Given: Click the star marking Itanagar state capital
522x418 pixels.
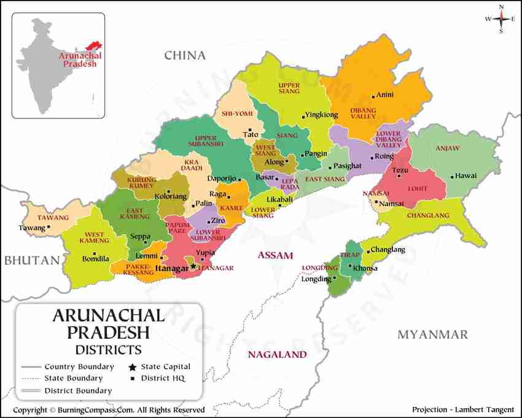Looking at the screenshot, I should point(193,266).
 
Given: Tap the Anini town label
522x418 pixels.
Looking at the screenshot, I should point(385,95).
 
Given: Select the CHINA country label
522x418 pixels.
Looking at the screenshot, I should point(184,56).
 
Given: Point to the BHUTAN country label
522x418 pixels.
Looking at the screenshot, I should point(33,260).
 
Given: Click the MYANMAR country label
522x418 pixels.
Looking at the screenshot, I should point(432,335).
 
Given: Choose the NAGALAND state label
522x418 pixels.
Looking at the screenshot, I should point(277,355).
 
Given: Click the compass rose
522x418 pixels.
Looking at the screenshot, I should point(501,19).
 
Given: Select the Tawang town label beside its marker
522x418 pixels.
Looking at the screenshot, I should point(32,228).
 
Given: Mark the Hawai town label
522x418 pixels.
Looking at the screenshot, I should point(466,176).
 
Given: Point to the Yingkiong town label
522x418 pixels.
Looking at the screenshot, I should point(321,115).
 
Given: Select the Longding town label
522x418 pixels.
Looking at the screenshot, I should point(316,279).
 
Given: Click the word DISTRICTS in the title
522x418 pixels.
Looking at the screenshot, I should point(108,349).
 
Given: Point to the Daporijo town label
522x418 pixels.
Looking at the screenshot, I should point(221,178).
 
